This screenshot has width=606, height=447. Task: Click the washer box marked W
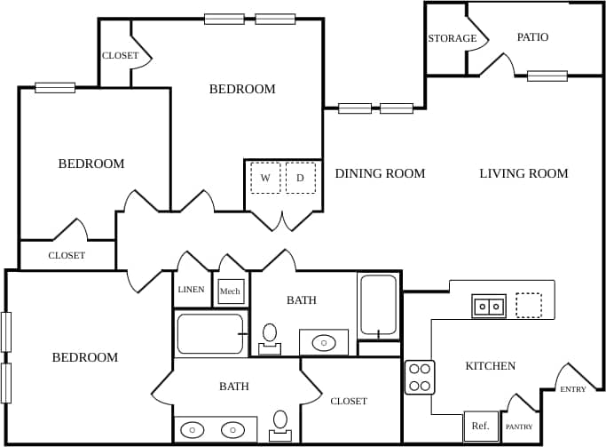(265, 178)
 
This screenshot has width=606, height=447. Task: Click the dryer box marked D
(300, 178)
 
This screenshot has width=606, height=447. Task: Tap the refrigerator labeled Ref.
(480, 427)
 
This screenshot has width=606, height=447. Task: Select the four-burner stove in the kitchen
(420, 377)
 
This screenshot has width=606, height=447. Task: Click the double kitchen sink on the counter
(488, 307)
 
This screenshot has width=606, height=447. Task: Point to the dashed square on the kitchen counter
(529, 306)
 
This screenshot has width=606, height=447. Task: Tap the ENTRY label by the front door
(573, 389)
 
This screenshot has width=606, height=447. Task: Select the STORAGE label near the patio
(453, 39)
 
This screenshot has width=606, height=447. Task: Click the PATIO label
(532, 37)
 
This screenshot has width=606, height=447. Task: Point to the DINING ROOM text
(380, 173)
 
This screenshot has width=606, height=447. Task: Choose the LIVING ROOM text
(523, 173)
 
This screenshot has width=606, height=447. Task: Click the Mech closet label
(230, 291)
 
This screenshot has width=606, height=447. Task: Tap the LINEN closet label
(191, 290)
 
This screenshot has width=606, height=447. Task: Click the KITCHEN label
(490, 366)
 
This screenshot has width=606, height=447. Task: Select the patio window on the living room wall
(547, 76)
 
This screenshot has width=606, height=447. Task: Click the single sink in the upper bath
(323, 342)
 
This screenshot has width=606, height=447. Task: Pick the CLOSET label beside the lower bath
(349, 401)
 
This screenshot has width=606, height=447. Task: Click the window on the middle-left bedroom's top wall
(55, 88)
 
